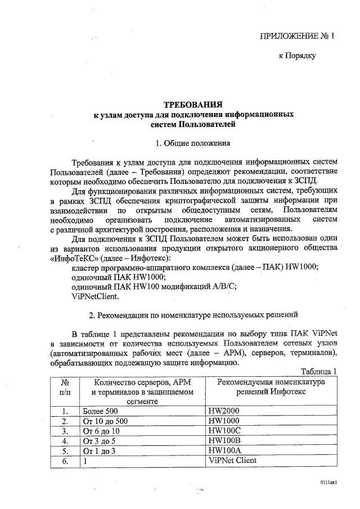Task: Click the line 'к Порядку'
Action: (298, 55)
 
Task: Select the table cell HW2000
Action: (224, 411)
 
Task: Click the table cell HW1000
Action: (224, 421)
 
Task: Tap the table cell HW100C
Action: (224, 431)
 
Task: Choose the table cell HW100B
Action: (224, 440)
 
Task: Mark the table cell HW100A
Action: (224, 451)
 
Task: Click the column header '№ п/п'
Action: (65, 386)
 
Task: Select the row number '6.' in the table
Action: (65, 461)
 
